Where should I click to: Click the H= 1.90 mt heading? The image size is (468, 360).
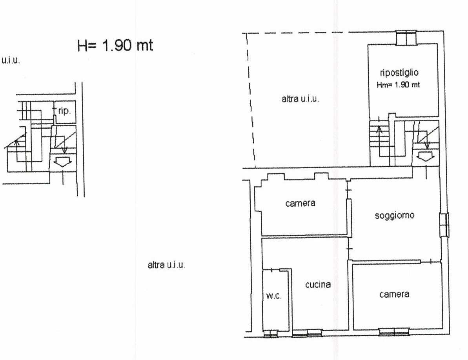[x=115, y=45]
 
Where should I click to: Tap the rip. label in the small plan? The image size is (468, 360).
[x=64, y=111]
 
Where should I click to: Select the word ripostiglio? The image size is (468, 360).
[x=399, y=73]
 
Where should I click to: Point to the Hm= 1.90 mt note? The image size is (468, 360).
[x=398, y=85]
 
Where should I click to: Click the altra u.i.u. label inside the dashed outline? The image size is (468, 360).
[x=300, y=99]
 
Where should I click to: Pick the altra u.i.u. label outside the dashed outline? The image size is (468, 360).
[x=166, y=265]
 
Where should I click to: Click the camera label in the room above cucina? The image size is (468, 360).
[x=300, y=204]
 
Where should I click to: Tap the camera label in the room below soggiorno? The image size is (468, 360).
[x=394, y=295]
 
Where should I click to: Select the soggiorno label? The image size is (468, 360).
[x=395, y=216]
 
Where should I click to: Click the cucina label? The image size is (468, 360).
[x=318, y=285]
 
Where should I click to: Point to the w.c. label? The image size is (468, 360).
[x=274, y=296]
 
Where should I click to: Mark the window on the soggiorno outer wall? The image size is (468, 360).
[x=444, y=225]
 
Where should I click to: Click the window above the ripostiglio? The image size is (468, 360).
[x=406, y=38]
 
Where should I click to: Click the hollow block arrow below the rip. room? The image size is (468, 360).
[x=62, y=162]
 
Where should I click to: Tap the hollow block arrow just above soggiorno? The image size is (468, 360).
[x=425, y=156]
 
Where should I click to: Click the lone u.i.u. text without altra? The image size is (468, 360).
[x=11, y=60]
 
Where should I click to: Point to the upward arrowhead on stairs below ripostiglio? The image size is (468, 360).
[x=379, y=129]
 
